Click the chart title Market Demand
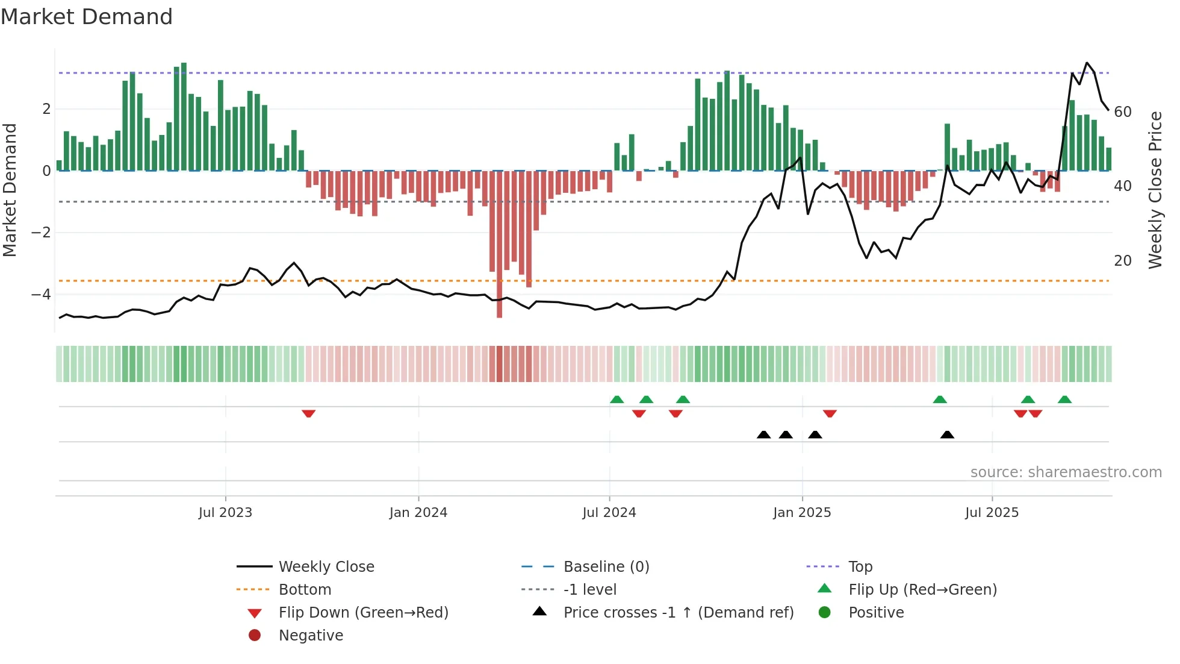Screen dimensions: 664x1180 [87, 17]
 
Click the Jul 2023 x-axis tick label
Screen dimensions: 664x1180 [225, 513]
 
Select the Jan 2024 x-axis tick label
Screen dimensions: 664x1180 [418, 513]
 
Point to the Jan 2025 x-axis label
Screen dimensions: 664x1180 [802, 513]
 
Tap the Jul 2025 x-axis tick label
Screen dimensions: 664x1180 [992, 513]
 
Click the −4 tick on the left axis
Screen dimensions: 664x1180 [41, 295]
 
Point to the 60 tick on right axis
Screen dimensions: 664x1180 [1123, 112]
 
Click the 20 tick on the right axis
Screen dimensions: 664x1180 [1123, 261]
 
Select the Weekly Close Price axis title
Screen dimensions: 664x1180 [1155, 190]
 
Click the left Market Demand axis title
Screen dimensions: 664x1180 [10, 190]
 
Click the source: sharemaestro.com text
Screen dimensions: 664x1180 [1066, 472]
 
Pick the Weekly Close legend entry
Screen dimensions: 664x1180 [326, 567]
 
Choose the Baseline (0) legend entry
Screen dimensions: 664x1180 [606, 567]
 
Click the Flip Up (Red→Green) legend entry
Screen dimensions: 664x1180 [922, 590]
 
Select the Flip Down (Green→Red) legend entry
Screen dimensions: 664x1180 [363, 613]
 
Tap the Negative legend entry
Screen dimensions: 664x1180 [311, 636]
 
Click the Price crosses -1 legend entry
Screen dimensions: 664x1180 [678, 613]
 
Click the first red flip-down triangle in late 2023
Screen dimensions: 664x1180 [308, 413]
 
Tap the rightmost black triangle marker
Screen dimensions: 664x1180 [947, 434]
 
